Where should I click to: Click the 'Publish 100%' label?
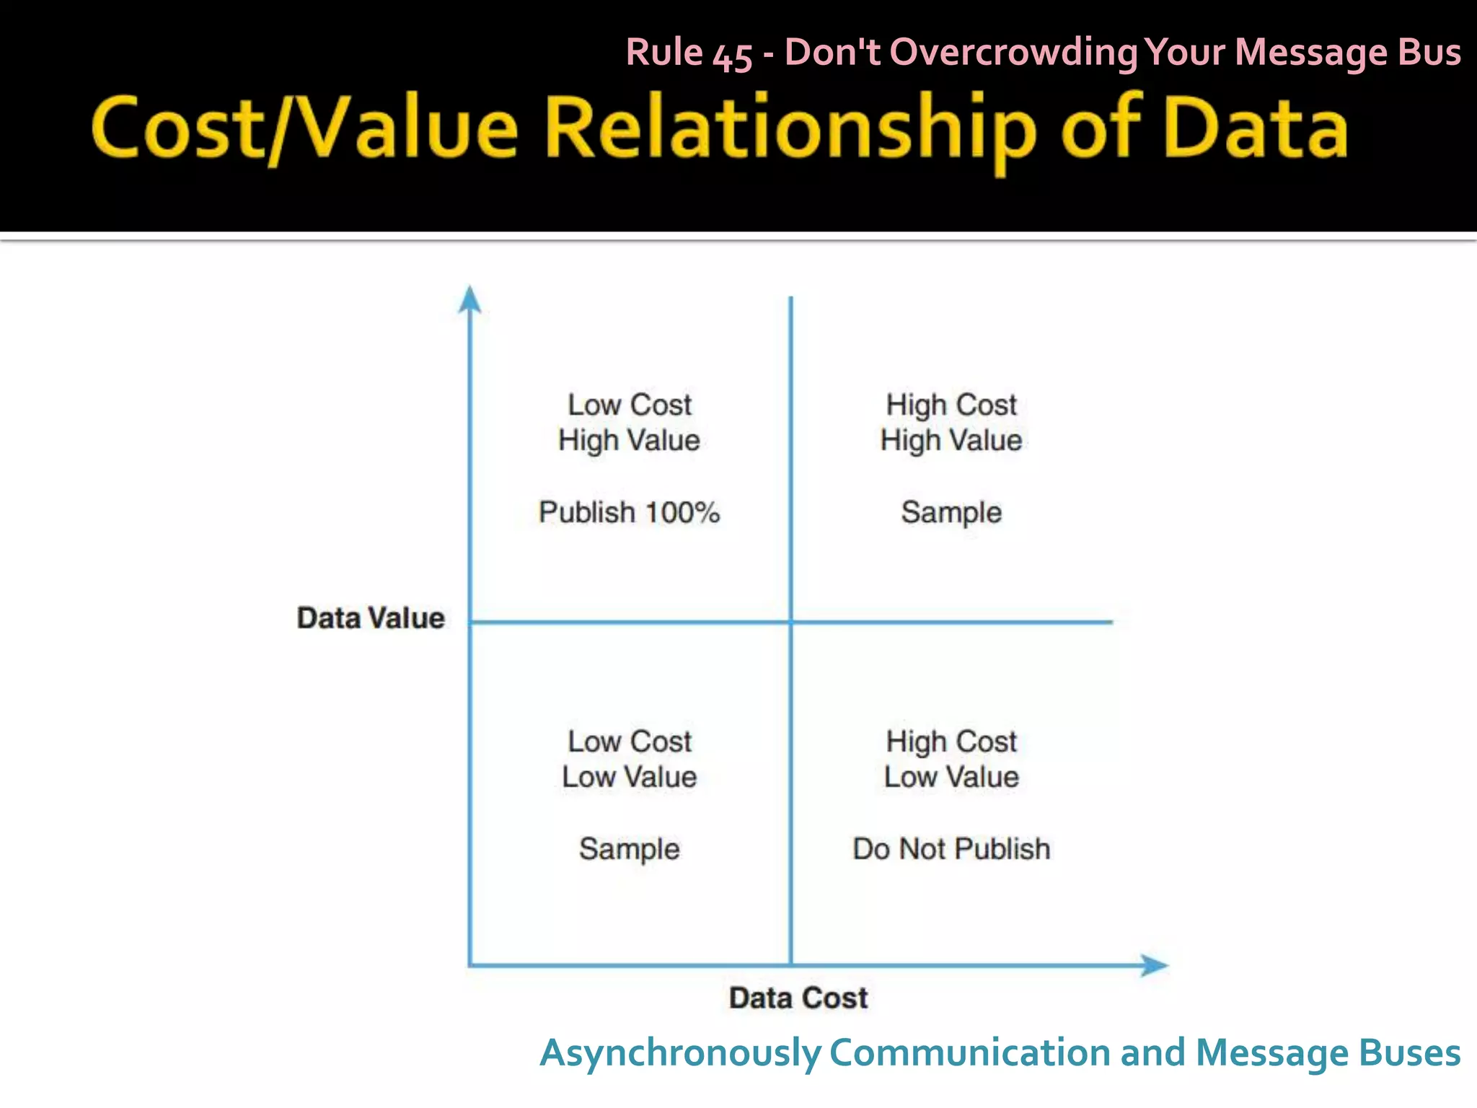tap(629, 512)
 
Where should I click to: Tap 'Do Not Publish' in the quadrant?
tap(951, 849)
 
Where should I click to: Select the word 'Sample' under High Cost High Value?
tap(951, 512)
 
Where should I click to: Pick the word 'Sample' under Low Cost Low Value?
tap(629, 849)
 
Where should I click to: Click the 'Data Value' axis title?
tap(371, 618)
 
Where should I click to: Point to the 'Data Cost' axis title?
tap(798, 998)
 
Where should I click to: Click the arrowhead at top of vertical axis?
tap(470, 300)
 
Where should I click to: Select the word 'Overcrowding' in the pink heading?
tap(1014, 53)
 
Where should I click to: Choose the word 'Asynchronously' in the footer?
tap(680, 1053)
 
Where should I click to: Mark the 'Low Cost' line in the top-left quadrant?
tap(629, 405)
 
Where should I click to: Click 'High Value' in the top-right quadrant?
tap(951, 440)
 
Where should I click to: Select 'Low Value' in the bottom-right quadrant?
tap(951, 777)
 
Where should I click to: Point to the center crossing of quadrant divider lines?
tap(791, 622)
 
